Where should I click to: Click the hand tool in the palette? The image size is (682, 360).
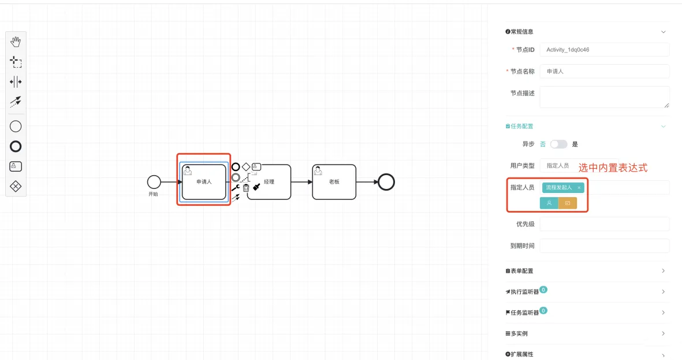point(16,42)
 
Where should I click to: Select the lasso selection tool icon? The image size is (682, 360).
point(16,61)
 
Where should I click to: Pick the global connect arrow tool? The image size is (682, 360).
point(16,101)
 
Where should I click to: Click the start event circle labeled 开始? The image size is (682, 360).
point(154,182)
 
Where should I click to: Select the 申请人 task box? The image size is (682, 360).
point(204,182)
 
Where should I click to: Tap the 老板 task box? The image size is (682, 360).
point(334,182)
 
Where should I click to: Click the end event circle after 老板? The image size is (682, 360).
point(386,182)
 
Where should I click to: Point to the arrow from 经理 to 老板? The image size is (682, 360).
point(301,182)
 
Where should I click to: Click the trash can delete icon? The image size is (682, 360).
point(246,188)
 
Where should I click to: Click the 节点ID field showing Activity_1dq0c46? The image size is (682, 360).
point(604,50)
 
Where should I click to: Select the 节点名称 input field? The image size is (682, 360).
point(604,71)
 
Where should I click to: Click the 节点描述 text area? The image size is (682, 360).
point(604,97)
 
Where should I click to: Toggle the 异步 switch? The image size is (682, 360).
point(558,144)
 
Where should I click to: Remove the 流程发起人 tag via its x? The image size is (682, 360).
point(579,188)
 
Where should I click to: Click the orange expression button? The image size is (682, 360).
point(568,203)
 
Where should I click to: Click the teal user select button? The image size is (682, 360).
point(549,203)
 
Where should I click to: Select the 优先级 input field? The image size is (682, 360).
point(604,224)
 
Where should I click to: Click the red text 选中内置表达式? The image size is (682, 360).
point(613,168)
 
